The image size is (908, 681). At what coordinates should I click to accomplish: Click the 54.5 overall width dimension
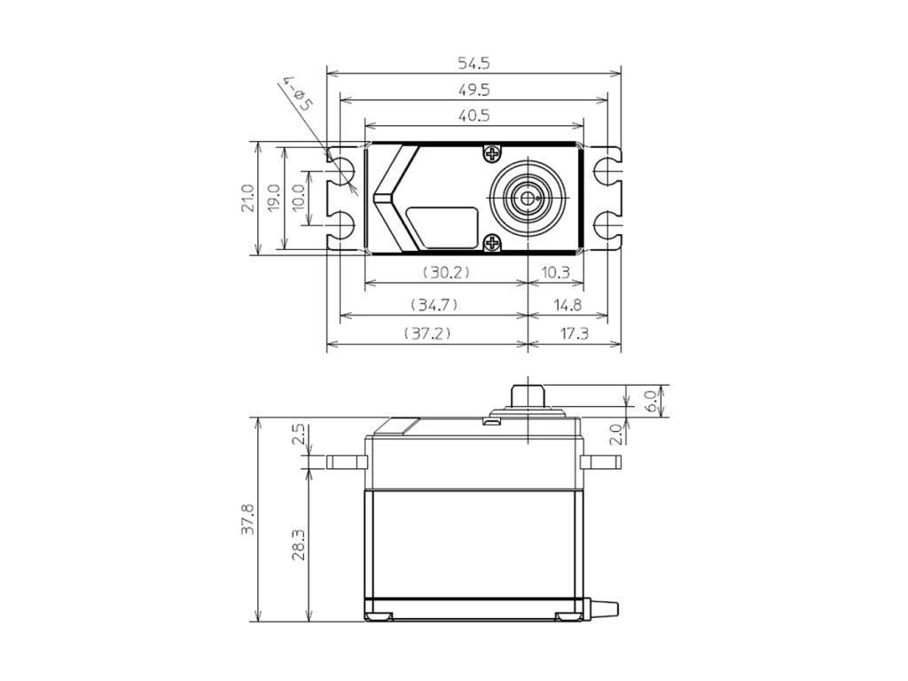pyautogui.click(x=474, y=63)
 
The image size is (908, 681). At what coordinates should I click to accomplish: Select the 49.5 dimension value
pyautogui.click(x=474, y=90)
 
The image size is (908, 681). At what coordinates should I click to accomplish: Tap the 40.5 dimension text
pyautogui.click(x=474, y=115)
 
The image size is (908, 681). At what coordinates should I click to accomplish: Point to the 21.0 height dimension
pyautogui.click(x=247, y=198)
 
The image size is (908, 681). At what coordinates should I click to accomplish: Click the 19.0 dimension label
pyautogui.click(x=274, y=198)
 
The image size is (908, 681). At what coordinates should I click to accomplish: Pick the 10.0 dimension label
pyautogui.click(x=298, y=198)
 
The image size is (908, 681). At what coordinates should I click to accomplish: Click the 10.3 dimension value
pyautogui.click(x=556, y=272)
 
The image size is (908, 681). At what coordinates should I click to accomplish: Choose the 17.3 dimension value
pyautogui.click(x=575, y=334)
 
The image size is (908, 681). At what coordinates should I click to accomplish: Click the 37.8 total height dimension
pyautogui.click(x=247, y=519)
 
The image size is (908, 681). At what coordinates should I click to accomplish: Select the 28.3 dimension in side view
pyautogui.click(x=298, y=544)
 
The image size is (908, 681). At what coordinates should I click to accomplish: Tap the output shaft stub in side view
pyautogui.click(x=528, y=394)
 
